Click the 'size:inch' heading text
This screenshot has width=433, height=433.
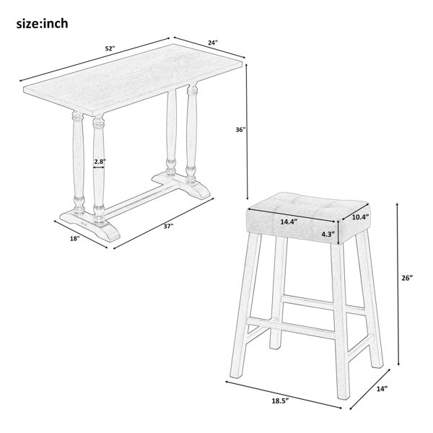coord(42,24)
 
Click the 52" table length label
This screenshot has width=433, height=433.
coord(110,48)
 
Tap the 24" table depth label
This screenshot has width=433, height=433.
coord(213,43)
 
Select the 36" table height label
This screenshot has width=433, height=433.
coord(240,129)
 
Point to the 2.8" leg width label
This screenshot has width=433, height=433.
coord(99,162)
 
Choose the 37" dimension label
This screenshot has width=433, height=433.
coord(168,226)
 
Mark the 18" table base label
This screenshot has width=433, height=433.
coord(74,238)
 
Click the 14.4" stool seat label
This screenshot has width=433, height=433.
coord(289,222)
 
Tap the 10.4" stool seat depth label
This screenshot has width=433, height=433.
coord(361,217)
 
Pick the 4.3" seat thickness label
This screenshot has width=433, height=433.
coord(328,234)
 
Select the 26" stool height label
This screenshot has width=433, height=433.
coord(407,278)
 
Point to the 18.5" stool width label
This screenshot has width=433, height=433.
coord(279,400)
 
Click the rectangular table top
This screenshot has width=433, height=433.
coord(133,79)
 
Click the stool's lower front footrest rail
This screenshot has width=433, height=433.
coord(291,328)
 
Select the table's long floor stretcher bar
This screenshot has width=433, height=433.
coord(141,198)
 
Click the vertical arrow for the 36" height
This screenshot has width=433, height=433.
coord(247,131)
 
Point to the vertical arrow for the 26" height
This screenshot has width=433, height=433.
coord(398,284)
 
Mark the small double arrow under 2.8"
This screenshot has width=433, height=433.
coord(99,167)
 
